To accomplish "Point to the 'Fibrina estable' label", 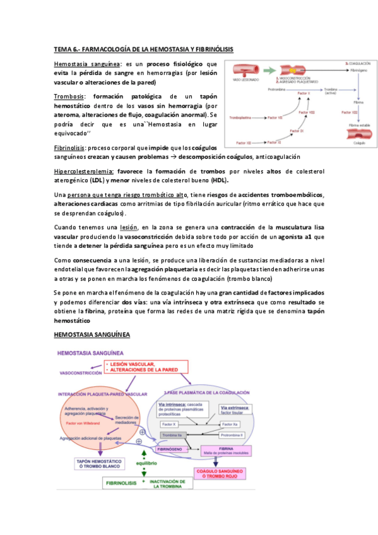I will point(358,125).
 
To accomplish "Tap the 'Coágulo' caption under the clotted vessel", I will point(358,143).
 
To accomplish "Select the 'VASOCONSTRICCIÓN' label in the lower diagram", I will point(80,373).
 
